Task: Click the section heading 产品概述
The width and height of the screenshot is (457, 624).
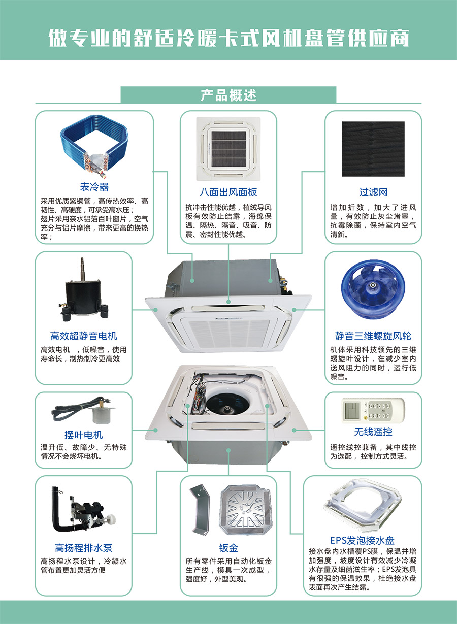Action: (228, 95)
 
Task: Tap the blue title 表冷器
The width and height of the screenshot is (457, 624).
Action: (94, 187)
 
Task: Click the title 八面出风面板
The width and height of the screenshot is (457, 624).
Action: (228, 192)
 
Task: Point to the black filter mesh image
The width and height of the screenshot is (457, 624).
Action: (373, 149)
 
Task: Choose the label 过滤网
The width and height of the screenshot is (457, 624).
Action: (373, 192)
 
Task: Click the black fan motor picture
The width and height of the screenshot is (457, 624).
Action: (83, 289)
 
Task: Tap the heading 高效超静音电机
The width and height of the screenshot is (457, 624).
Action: (83, 336)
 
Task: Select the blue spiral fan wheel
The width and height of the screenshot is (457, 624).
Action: (373, 290)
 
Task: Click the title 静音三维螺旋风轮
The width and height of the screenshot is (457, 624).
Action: (373, 336)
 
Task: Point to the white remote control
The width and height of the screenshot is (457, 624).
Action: (373, 410)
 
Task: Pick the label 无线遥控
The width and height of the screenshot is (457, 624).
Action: (373, 432)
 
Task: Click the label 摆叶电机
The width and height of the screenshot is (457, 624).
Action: (83, 435)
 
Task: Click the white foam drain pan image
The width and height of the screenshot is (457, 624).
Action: (362, 505)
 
